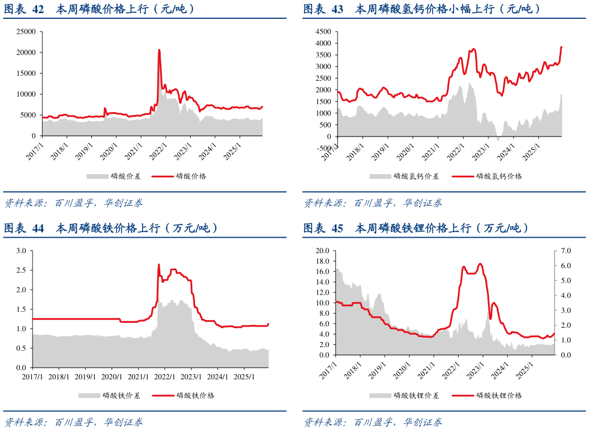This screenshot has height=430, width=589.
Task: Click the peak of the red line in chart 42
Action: tap(159, 50)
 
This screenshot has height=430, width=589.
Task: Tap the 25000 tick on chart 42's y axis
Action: tap(26, 32)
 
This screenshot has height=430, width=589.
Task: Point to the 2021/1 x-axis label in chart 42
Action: tap(134, 151)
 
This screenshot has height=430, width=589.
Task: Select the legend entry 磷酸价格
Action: tap(191, 176)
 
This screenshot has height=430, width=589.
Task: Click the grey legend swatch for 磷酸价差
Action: tap(97, 176)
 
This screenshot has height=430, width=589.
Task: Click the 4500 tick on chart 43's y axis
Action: tap(323, 32)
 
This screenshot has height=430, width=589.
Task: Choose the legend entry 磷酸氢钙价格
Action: tap(499, 176)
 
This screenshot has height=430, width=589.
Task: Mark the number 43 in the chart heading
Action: tap(338, 9)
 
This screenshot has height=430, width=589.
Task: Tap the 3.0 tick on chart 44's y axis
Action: tap(21, 251)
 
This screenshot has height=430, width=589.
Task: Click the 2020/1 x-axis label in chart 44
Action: tap(112, 376)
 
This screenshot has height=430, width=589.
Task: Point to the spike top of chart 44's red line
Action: tap(159, 264)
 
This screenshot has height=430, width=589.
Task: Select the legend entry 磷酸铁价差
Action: tap(122, 395)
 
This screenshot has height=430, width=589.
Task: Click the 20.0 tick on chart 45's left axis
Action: tap(322, 251)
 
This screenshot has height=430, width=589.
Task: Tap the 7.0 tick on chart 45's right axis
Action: tap(566, 251)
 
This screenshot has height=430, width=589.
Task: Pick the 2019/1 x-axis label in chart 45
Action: tap(377, 371)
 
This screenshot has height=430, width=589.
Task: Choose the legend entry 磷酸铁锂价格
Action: tap(499, 395)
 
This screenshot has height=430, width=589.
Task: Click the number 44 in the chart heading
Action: tap(38, 228)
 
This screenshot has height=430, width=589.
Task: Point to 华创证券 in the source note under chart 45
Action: tap(423, 422)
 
